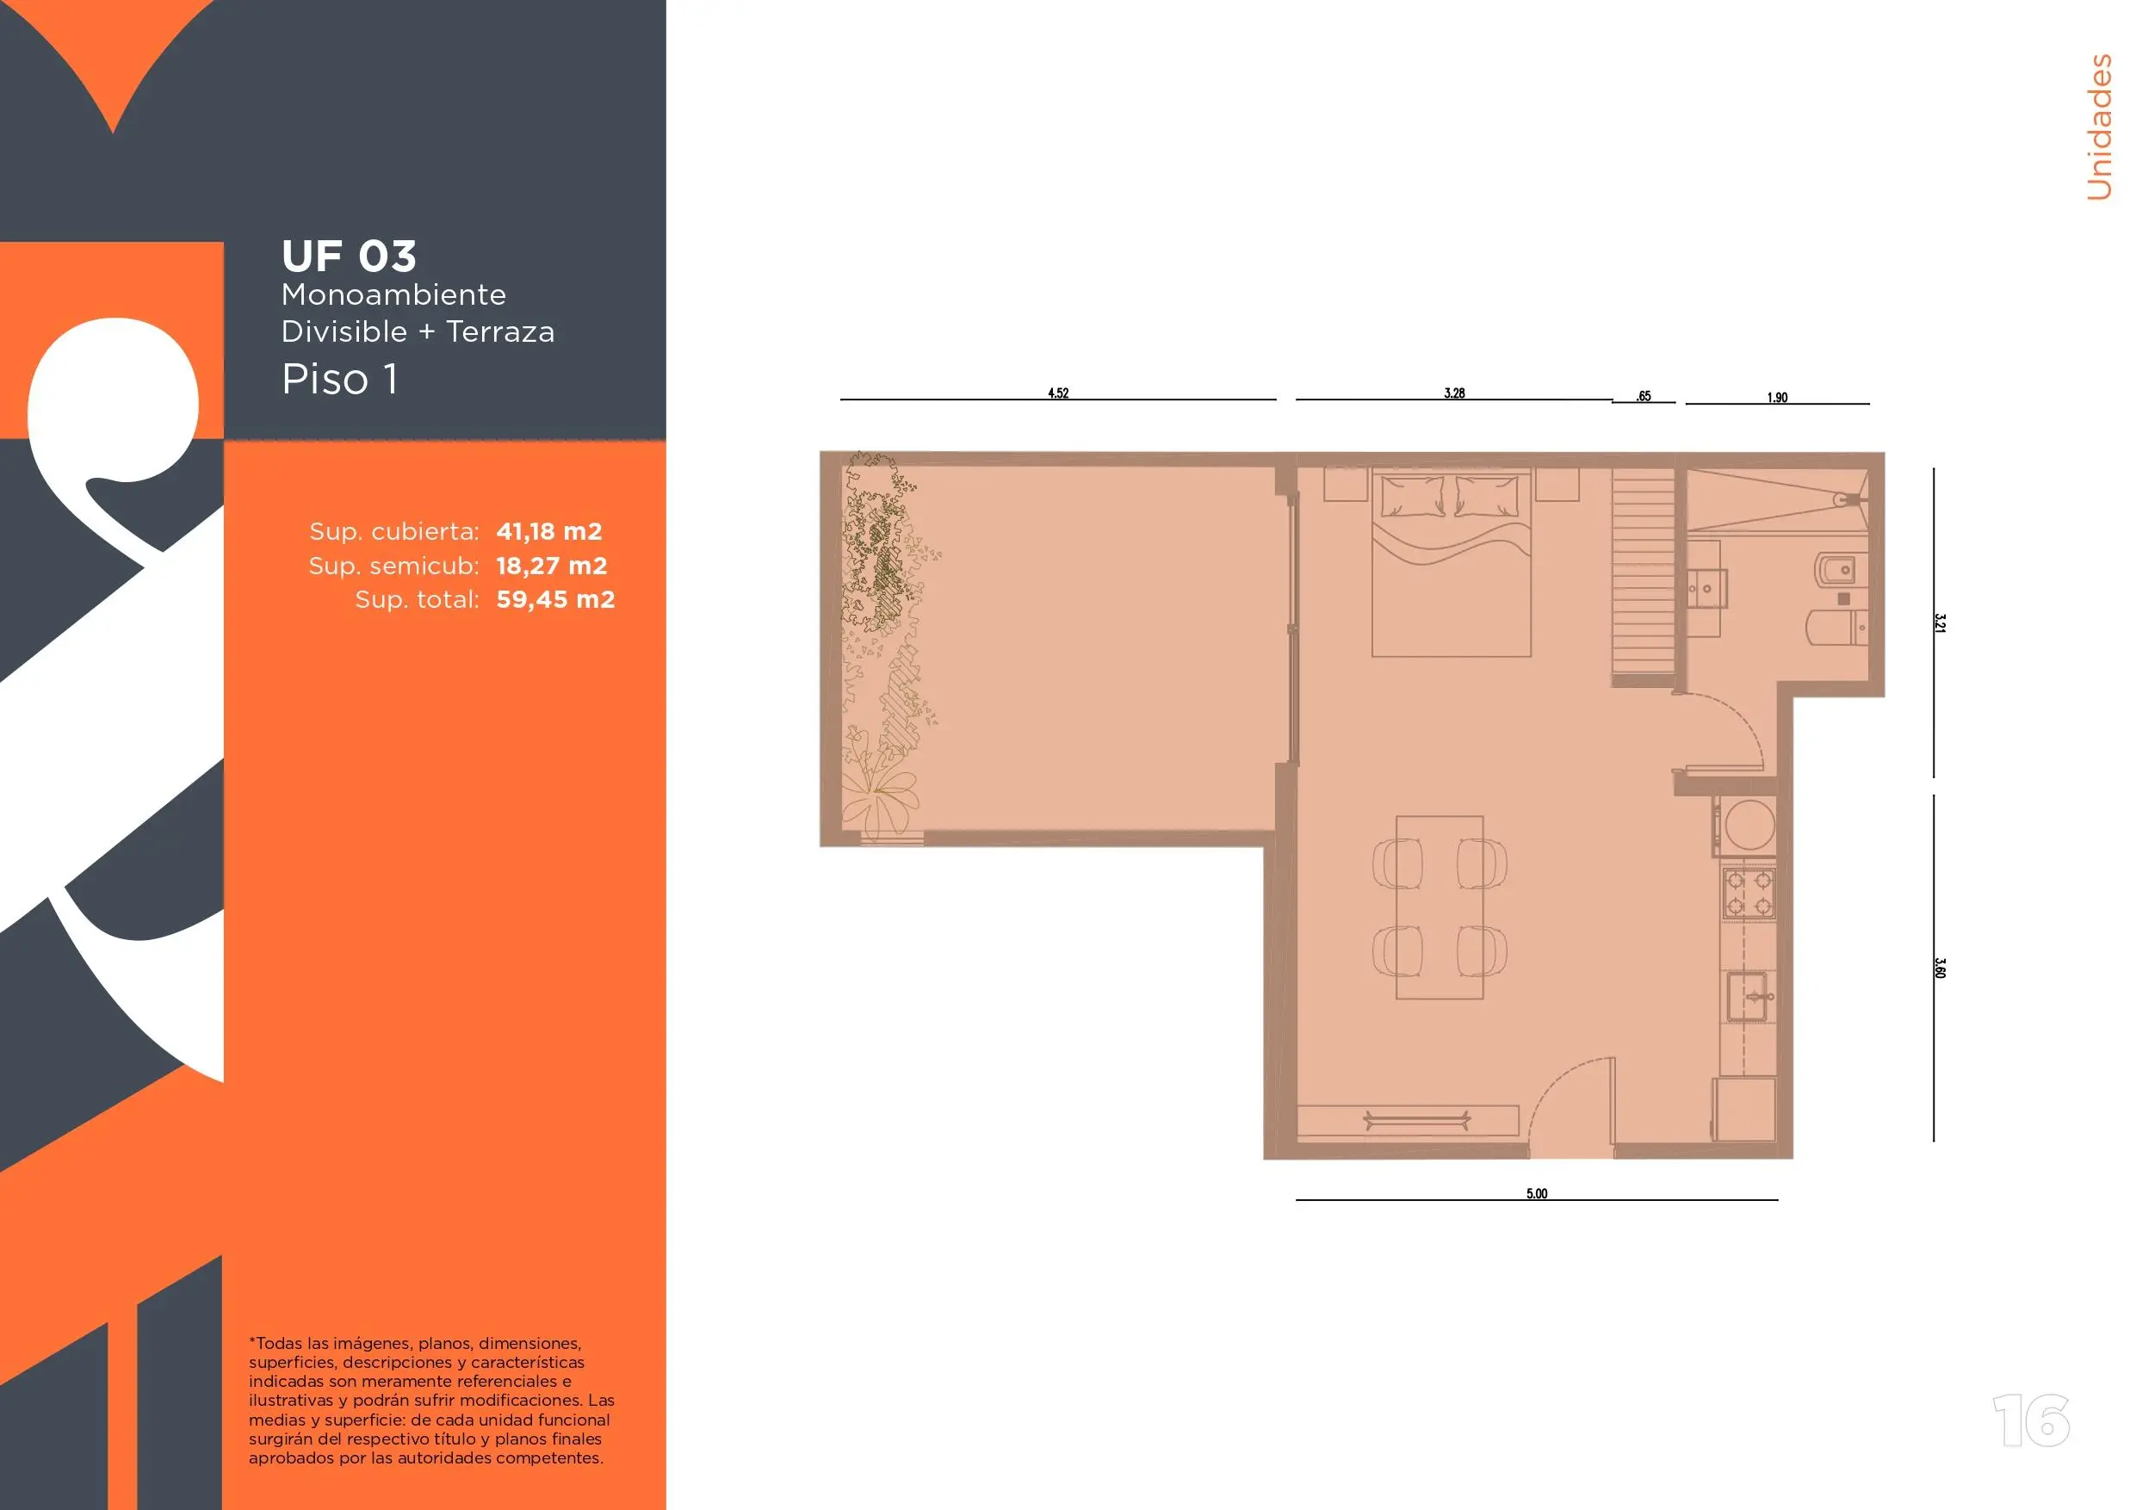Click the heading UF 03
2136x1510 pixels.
point(349,257)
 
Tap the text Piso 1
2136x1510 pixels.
point(340,379)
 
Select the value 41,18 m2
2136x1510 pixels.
point(549,531)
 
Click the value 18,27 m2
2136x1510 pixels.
point(552,566)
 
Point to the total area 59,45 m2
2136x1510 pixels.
point(555,599)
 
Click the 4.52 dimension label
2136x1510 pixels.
point(1058,393)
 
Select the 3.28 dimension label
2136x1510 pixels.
point(1454,393)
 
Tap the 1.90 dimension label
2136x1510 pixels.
point(1777,397)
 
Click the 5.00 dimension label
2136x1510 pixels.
point(1537,1194)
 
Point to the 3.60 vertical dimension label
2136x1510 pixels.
point(1940,968)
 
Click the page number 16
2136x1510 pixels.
point(2032,1420)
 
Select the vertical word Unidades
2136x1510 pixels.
point(2099,127)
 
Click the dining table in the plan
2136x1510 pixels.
point(1439,907)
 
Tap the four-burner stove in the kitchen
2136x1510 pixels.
point(1749,893)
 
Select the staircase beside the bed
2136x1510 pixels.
point(1644,577)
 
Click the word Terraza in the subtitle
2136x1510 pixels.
point(500,331)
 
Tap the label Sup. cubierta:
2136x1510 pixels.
point(394,531)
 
